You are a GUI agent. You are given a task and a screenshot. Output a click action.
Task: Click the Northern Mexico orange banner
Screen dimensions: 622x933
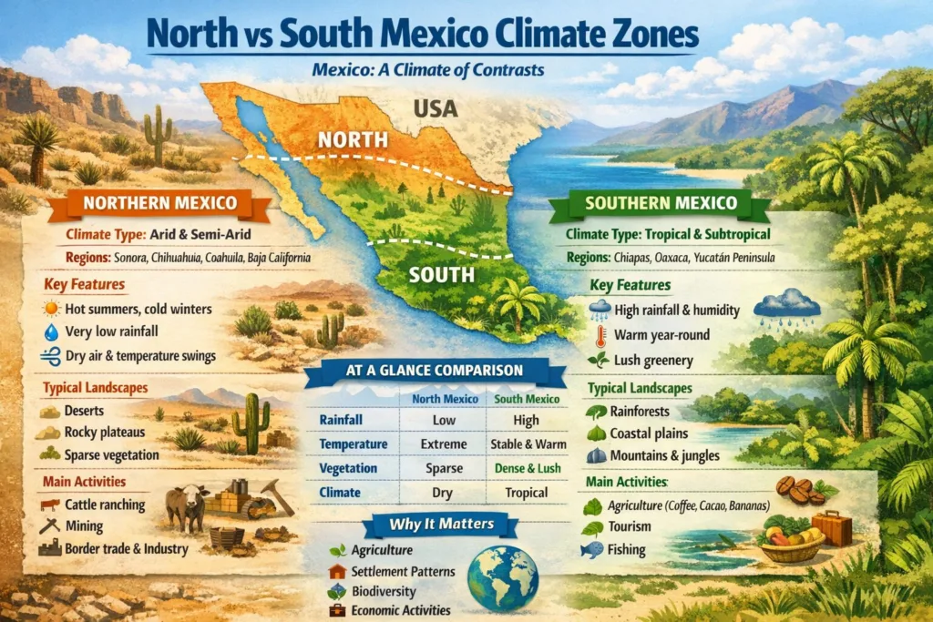tap(159, 203)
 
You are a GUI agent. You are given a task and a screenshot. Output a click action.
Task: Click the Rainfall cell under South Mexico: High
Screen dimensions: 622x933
tap(526, 421)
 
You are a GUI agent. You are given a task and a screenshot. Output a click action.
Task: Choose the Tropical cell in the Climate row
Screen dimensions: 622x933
tap(526, 492)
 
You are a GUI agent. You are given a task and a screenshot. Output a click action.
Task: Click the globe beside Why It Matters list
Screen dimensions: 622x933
tap(502, 577)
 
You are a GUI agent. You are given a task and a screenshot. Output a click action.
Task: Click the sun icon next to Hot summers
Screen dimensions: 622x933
tap(51, 310)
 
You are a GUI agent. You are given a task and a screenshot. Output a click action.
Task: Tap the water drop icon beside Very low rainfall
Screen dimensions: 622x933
tap(51, 332)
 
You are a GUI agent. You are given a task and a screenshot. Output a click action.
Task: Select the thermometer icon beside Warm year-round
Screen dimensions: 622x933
tap(600, 335)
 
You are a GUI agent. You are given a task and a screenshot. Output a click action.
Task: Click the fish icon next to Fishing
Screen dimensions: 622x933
tap(592, 549)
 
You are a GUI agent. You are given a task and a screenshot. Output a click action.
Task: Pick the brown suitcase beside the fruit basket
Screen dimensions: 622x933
tap(831, 527)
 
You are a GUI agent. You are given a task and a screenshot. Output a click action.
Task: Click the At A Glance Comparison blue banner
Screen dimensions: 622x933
tap(427, 372)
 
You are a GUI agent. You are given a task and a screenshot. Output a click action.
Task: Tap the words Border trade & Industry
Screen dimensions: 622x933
tap(126, 549)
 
